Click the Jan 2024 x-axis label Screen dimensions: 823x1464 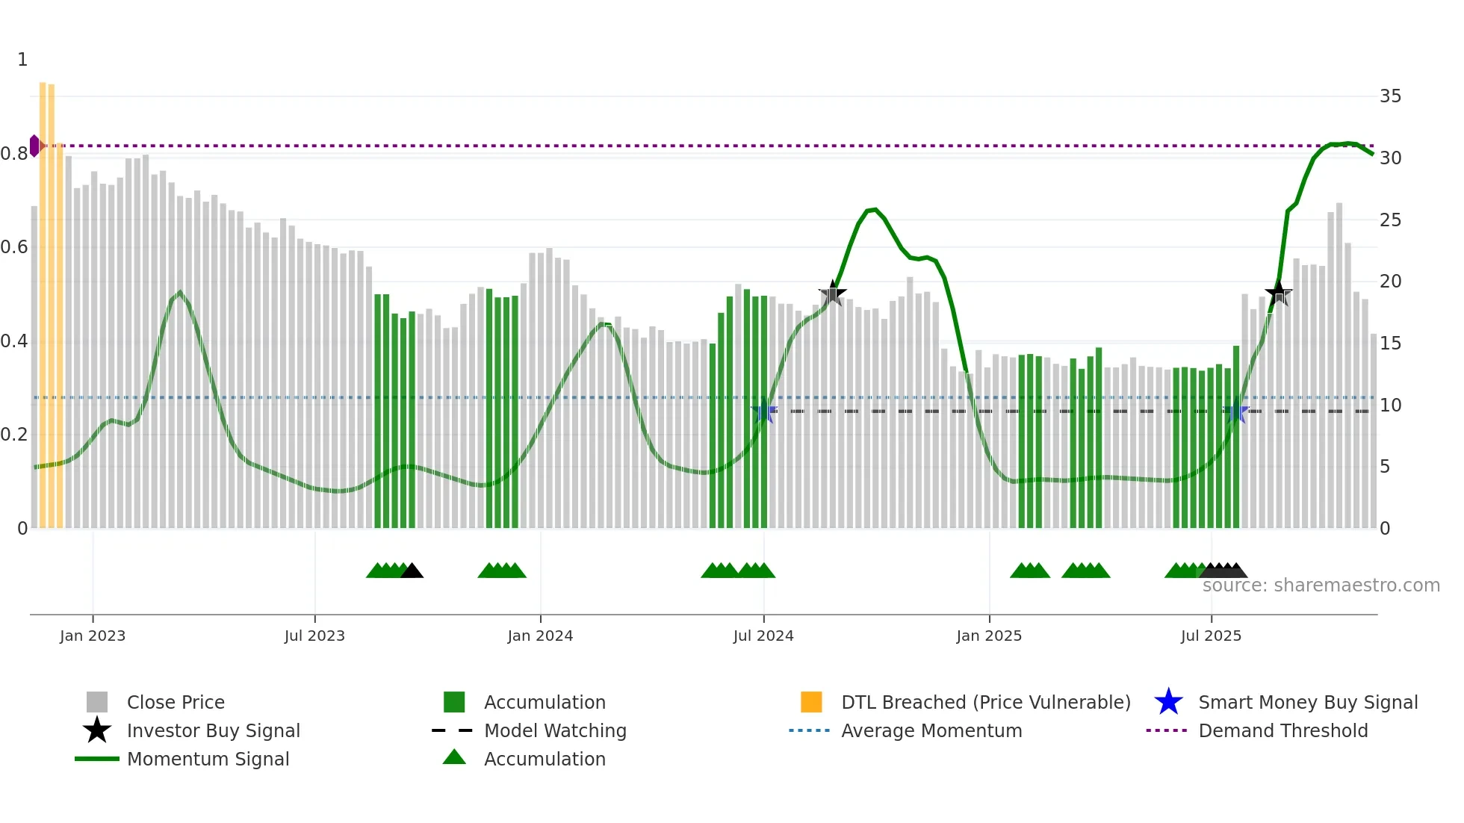(x=540, y=636)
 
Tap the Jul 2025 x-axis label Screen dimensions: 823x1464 (x=1211, y=636)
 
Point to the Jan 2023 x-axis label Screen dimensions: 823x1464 (x=93, y=636)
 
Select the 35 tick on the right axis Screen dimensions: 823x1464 (x=1390, y=96)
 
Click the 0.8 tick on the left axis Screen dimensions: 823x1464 (x=14, y=154)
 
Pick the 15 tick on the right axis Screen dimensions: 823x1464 (x=1390, y=344)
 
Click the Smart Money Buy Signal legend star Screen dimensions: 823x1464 (x=1168, y=702)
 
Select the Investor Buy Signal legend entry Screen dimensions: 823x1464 (x=213, y=730)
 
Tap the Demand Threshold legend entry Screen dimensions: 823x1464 (x=1282, y=730)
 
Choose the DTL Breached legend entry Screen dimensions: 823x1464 (x=985, y=702)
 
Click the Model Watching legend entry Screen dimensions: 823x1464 (x=554, y=730)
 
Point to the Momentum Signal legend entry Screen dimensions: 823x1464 (x=208, y=759)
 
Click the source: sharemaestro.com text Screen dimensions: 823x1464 (x=1321, y=586)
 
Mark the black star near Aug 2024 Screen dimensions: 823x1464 (x=832, y=293)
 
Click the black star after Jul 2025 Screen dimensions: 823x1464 (x=1278, y=293)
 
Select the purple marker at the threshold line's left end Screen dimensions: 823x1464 (x=35, y=146)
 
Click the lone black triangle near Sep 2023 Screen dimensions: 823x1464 (x=412, y=571)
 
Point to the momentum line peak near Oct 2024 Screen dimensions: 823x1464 (x=874, y=210)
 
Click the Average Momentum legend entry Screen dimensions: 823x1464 (x=931, y=730)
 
